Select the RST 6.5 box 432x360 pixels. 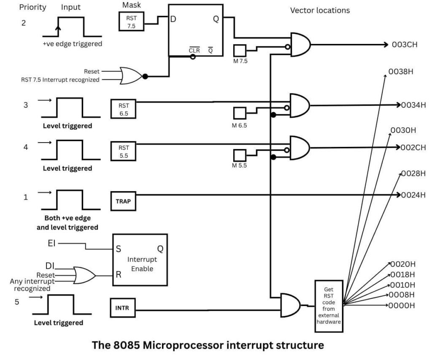[x=123, y=108]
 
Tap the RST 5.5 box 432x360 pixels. [x=123, y=150]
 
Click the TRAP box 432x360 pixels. [x=123, y=201]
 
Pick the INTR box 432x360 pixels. [x=122, y=308]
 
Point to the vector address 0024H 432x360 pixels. [x=414, y=195]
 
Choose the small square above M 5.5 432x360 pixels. [x=240, y=155]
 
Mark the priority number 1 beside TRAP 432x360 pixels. [x=26, y=197]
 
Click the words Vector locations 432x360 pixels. [x=320, y=11]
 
